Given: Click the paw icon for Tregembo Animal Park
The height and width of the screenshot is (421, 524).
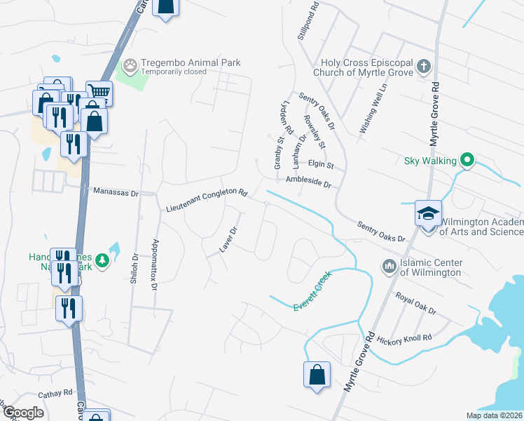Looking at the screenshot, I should [x=130, y=66].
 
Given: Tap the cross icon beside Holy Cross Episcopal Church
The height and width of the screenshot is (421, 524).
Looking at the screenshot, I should [x=422, y=67].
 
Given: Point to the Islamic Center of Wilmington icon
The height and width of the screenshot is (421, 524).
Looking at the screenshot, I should [x=389, y=267].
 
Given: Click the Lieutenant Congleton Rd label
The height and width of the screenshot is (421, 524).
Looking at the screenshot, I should [x=207, y=201].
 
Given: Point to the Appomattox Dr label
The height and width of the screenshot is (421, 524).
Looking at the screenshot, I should [x=156, y=260].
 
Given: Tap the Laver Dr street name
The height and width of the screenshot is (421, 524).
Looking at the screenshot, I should [x=228, y=239].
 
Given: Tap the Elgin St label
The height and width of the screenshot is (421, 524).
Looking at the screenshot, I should [x=322, y=166].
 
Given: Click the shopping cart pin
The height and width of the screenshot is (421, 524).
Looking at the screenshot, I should [x=99, y=93].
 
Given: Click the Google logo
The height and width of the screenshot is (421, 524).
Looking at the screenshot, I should [x=24, y=413].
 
